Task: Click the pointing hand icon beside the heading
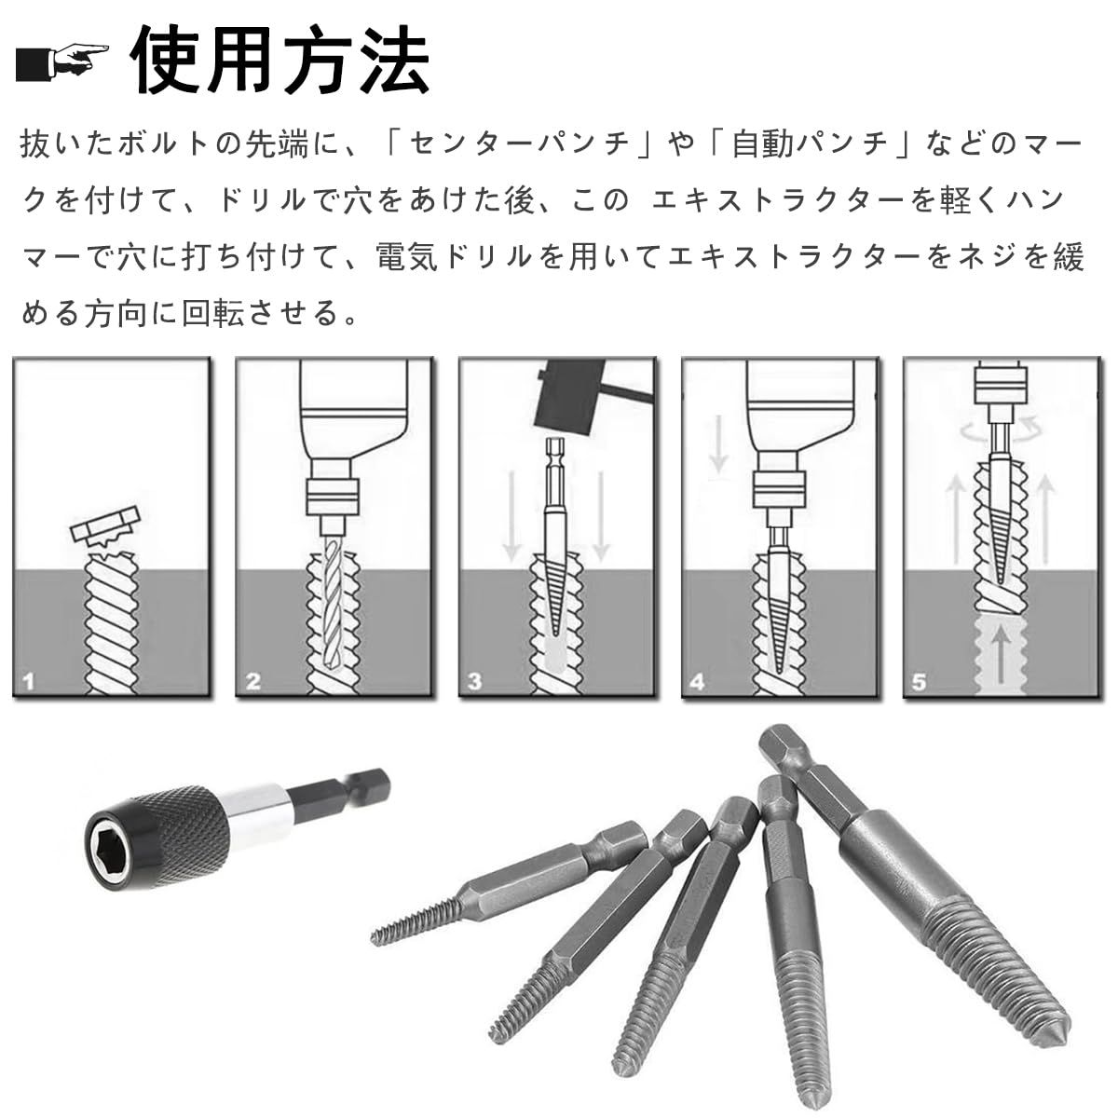[61, 62]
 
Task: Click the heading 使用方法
[280, 60]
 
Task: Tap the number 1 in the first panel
[29, 681]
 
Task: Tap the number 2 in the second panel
[253, 681]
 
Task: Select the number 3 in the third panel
[475, 681]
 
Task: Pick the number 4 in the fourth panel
[698, 681]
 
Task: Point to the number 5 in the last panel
[919, 681]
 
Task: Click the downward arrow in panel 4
[719, 444]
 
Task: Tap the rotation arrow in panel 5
[1001, 429]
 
